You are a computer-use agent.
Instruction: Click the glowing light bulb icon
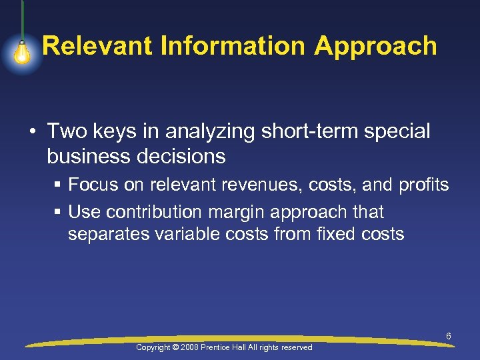tap(22, 53)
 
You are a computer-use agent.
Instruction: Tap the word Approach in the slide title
tap(375, 47)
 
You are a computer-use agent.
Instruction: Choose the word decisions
tap(183, 157)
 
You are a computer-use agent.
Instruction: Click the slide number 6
tap(448, 337)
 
